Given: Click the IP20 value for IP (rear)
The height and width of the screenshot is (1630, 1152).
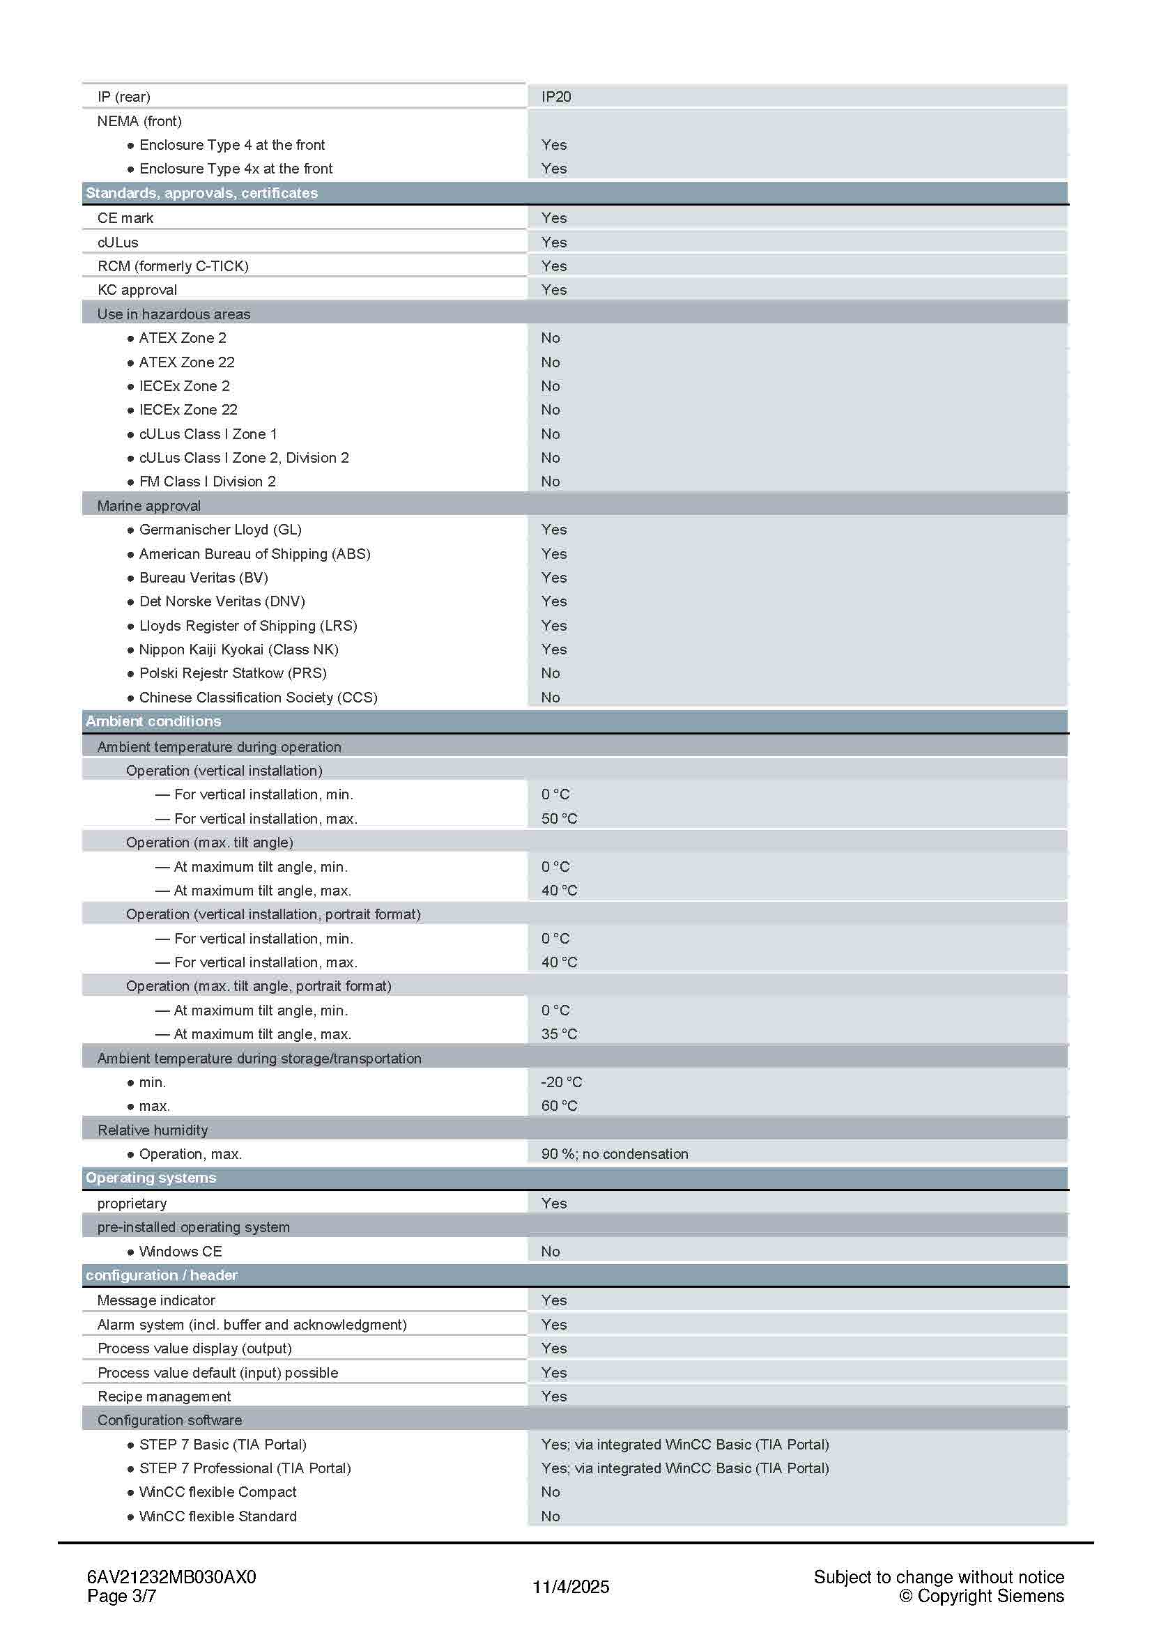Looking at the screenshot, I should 555,97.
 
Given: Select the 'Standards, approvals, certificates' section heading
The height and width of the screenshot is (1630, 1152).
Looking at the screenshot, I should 201,193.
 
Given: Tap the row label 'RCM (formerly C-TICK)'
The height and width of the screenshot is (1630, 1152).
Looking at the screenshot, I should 172,266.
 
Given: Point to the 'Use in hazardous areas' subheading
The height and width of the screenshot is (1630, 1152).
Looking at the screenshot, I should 174,314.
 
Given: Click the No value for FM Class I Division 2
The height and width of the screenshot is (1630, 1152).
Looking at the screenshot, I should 550,482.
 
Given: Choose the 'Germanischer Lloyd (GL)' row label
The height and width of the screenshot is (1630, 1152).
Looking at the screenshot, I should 220,530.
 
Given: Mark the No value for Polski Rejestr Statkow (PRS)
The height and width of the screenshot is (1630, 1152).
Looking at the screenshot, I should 550,673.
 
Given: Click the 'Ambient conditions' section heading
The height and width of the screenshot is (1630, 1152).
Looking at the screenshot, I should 153,721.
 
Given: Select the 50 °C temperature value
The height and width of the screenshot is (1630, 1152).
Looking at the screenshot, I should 560,819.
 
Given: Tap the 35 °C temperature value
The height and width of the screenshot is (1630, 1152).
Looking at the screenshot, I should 560,1034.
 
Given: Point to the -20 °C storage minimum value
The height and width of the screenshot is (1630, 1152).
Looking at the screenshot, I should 562,1082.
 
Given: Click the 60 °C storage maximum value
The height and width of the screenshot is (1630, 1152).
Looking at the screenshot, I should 560,1106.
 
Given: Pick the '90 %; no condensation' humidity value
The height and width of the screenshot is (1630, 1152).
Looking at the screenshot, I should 615,1153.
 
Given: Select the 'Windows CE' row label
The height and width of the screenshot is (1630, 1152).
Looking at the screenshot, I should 181,1251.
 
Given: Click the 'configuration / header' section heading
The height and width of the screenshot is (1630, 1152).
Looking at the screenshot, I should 161,1275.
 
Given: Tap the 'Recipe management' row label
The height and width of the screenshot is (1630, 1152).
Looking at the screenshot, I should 164,1397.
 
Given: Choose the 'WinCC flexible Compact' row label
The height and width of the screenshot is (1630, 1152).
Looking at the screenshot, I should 217,1491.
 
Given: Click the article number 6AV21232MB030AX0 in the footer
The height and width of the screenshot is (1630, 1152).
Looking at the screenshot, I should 171,1577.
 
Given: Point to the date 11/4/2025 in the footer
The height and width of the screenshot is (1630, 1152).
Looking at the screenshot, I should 571,1587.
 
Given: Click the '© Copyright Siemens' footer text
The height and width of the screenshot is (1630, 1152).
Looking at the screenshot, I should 981,1596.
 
